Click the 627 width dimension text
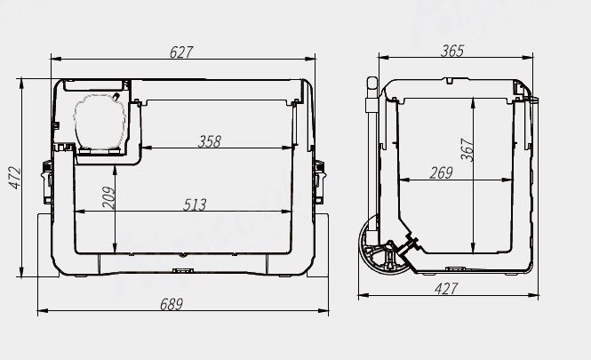tap(181, 52)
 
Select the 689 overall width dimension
tap(172, 304)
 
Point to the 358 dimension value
tap(210, 141)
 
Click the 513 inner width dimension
tap(195, 204)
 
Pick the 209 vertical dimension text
tap(108, 196)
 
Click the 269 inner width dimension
tap(441, 173)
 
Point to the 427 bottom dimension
tap(446, 288)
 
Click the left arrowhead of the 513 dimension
tap(76, 212)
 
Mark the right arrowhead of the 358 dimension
tap(293, 148)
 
